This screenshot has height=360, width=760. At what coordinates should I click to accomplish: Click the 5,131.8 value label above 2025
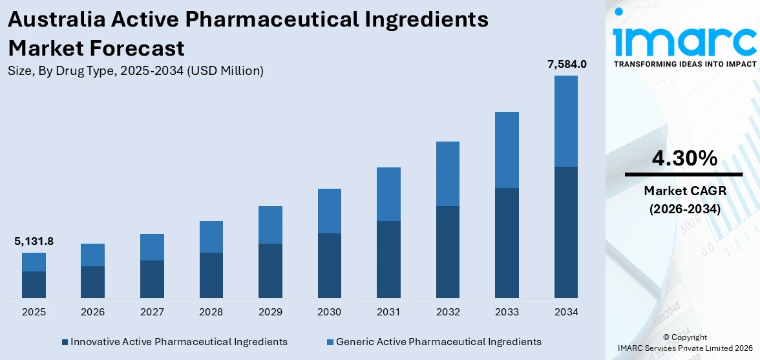click(x=34, y=242)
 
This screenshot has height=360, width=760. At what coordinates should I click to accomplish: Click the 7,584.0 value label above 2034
click(x=566, y=64)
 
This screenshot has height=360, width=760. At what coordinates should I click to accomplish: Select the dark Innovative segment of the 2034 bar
click(x=566, y=232)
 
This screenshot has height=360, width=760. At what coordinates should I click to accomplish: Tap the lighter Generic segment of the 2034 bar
click(x=566, y=121)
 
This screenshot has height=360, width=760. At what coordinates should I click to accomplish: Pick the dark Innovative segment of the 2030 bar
click(x=330, y=265)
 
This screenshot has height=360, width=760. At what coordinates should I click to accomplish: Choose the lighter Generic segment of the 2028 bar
click(x=211, y=237)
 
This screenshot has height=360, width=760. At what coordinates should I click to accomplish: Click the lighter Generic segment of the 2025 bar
click(x=34, y=262)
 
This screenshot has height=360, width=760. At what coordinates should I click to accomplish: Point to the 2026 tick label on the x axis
click(x=93, y=312)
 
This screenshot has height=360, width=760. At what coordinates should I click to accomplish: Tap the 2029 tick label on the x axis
click(x=270, y=312)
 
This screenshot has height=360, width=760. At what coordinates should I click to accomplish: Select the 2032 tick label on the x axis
click(x=448, y=312)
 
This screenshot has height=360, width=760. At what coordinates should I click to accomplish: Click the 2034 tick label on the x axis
click(x=566, y=312)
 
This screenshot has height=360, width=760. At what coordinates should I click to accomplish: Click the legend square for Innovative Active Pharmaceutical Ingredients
click(x=65, y=342)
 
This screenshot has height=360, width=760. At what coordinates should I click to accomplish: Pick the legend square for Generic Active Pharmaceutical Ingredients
click(x=330, y=342)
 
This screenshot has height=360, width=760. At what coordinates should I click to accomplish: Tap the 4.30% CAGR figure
click(x=684, y=158)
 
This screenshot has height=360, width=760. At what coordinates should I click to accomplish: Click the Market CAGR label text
click(x=684, y=191)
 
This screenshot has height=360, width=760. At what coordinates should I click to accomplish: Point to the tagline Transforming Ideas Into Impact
click(x=684, y=64)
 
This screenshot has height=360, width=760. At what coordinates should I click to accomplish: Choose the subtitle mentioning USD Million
click(x=136, y=71)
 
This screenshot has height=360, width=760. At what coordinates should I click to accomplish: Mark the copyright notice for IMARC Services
click(x=684, y=343)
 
